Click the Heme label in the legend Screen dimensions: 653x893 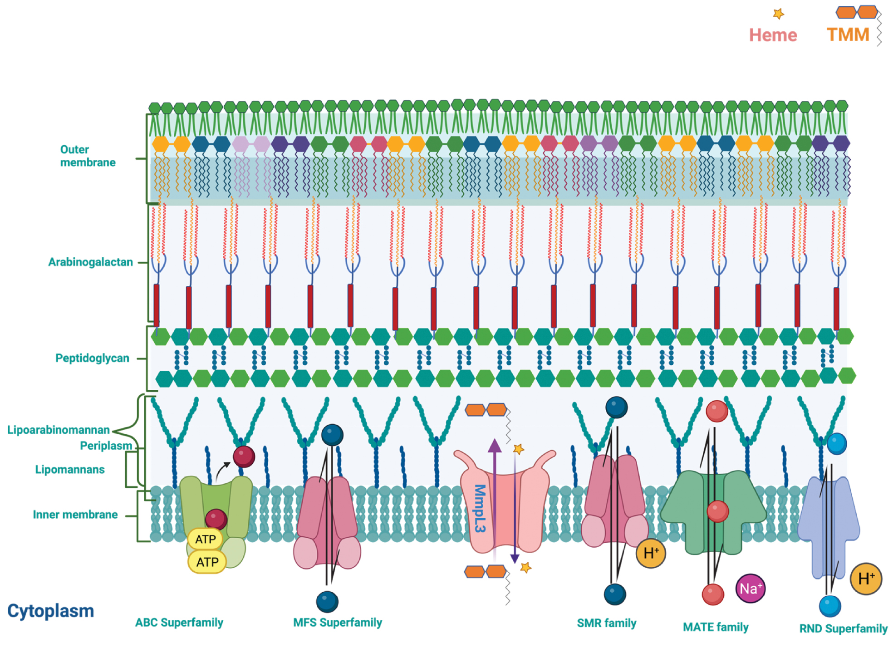point(772,35)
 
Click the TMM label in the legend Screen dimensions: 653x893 point(848,34)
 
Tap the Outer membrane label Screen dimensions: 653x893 point(88,156)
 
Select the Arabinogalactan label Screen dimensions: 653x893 point(90,262)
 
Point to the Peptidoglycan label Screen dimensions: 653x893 point(92,358)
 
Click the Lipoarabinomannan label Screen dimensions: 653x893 point(58,430)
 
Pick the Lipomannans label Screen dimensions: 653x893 point(70,469)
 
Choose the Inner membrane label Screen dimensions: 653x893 point(75,515)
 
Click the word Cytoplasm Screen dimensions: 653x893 point(50,611)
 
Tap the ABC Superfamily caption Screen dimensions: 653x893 point(179,622)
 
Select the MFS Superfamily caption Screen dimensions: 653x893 point(338,622)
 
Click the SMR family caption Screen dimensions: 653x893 point(606,623)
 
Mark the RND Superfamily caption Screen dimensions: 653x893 point(843,628)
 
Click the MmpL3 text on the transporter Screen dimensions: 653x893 point(479,508)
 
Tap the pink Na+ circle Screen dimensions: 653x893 point(751,589)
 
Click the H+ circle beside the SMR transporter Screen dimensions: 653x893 point(651,553)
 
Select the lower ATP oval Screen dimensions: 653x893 point(207,562)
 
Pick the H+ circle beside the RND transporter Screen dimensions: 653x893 point(866,579)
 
